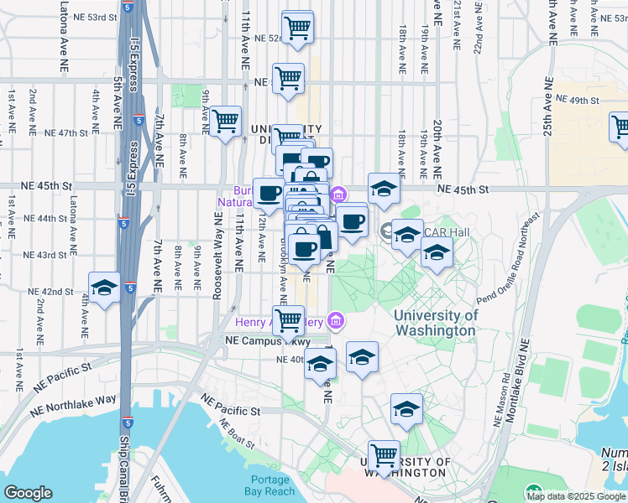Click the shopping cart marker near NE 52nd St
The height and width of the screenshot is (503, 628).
(298, 27)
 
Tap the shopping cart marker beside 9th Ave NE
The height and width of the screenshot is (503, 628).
(225, 122)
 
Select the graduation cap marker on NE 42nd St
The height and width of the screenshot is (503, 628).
(104, 288)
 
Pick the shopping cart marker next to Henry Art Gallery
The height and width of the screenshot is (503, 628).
(289, 319)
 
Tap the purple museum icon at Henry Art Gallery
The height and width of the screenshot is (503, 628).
(336, 319)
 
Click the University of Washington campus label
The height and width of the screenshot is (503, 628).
(436, 323)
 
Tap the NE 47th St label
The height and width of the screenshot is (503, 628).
(66, 133)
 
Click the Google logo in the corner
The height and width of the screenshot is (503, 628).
(28, 493)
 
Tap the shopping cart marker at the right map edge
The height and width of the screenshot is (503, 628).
(620, 127)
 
